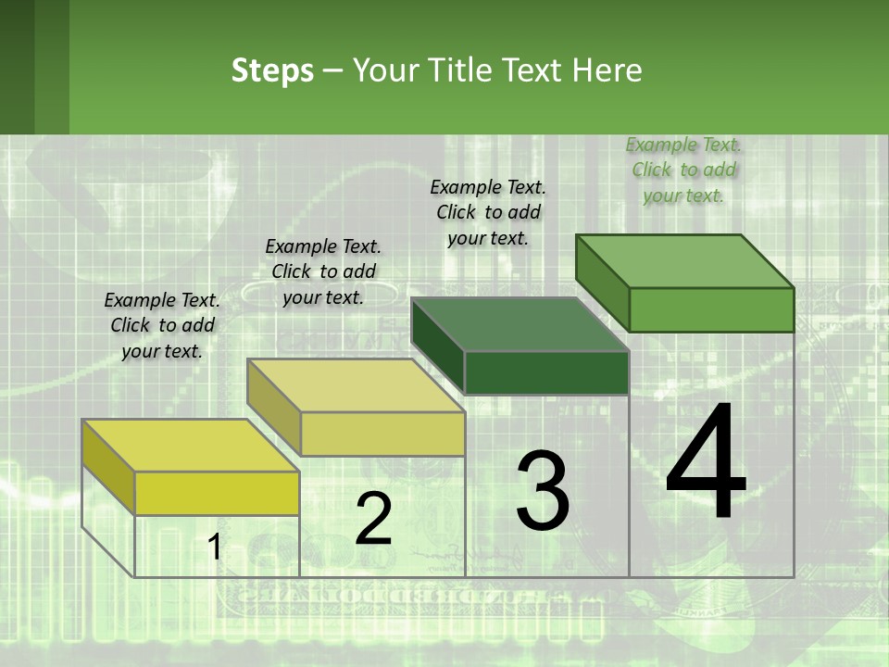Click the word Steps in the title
[272, 70]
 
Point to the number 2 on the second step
[373, 519]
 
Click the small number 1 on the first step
[214, 547]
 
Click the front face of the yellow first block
[217, 494]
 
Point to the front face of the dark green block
[546, 372]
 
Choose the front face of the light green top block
[711, 309]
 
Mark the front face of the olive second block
[382, 434]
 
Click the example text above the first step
[162, 326]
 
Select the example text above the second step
[323, 272]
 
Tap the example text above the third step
[488, 212]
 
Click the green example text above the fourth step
[683, 170]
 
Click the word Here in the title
[607, 70]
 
